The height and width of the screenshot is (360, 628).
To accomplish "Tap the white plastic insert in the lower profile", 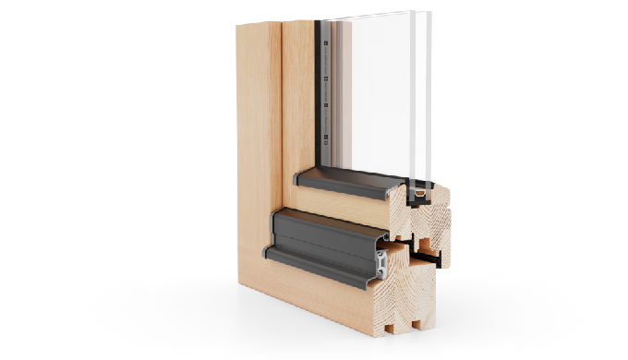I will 382,263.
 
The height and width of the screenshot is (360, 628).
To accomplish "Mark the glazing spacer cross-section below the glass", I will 421,195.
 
